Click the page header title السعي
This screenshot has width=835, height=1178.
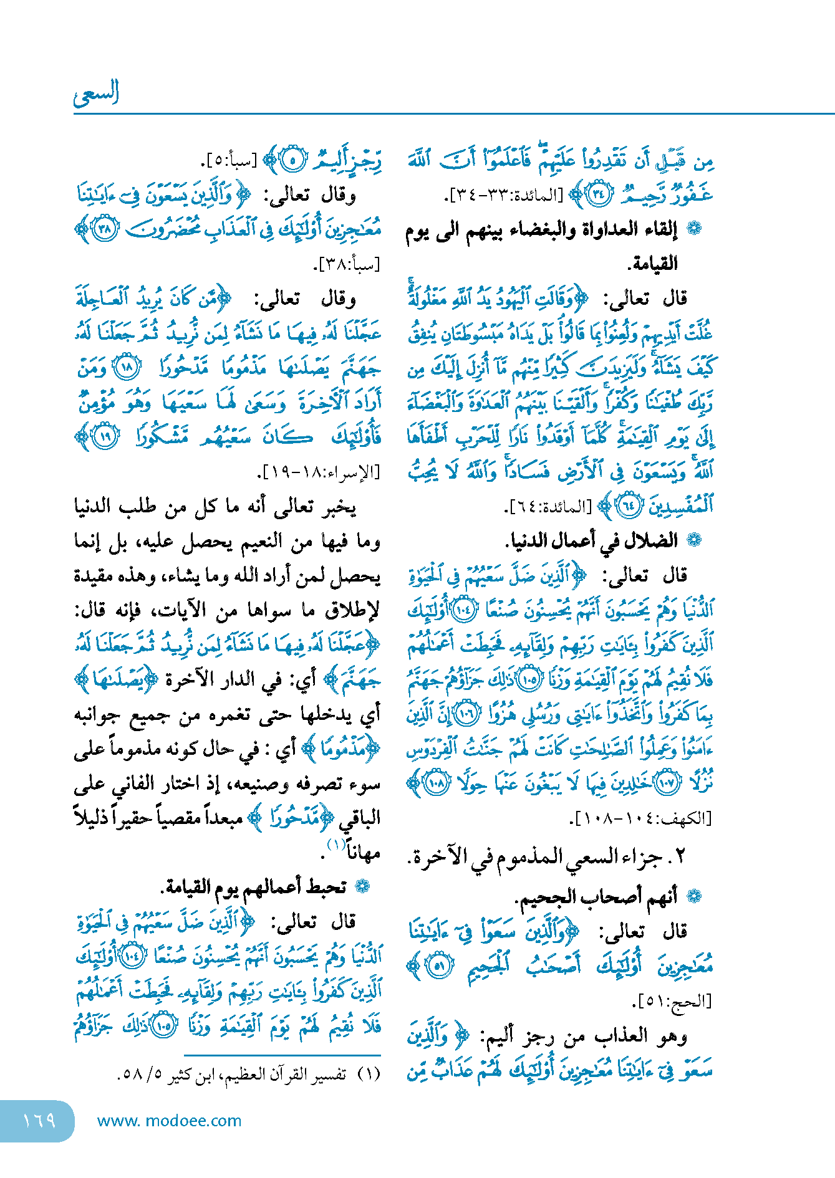[96, 93]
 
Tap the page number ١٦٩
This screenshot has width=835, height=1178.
[39, 1120]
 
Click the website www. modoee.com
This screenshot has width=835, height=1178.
[169, 1121]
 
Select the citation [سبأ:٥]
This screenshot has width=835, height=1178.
[228, 161]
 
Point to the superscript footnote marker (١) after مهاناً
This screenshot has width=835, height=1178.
[336, 845]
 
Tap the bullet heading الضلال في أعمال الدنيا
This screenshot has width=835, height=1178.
[592, 540]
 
